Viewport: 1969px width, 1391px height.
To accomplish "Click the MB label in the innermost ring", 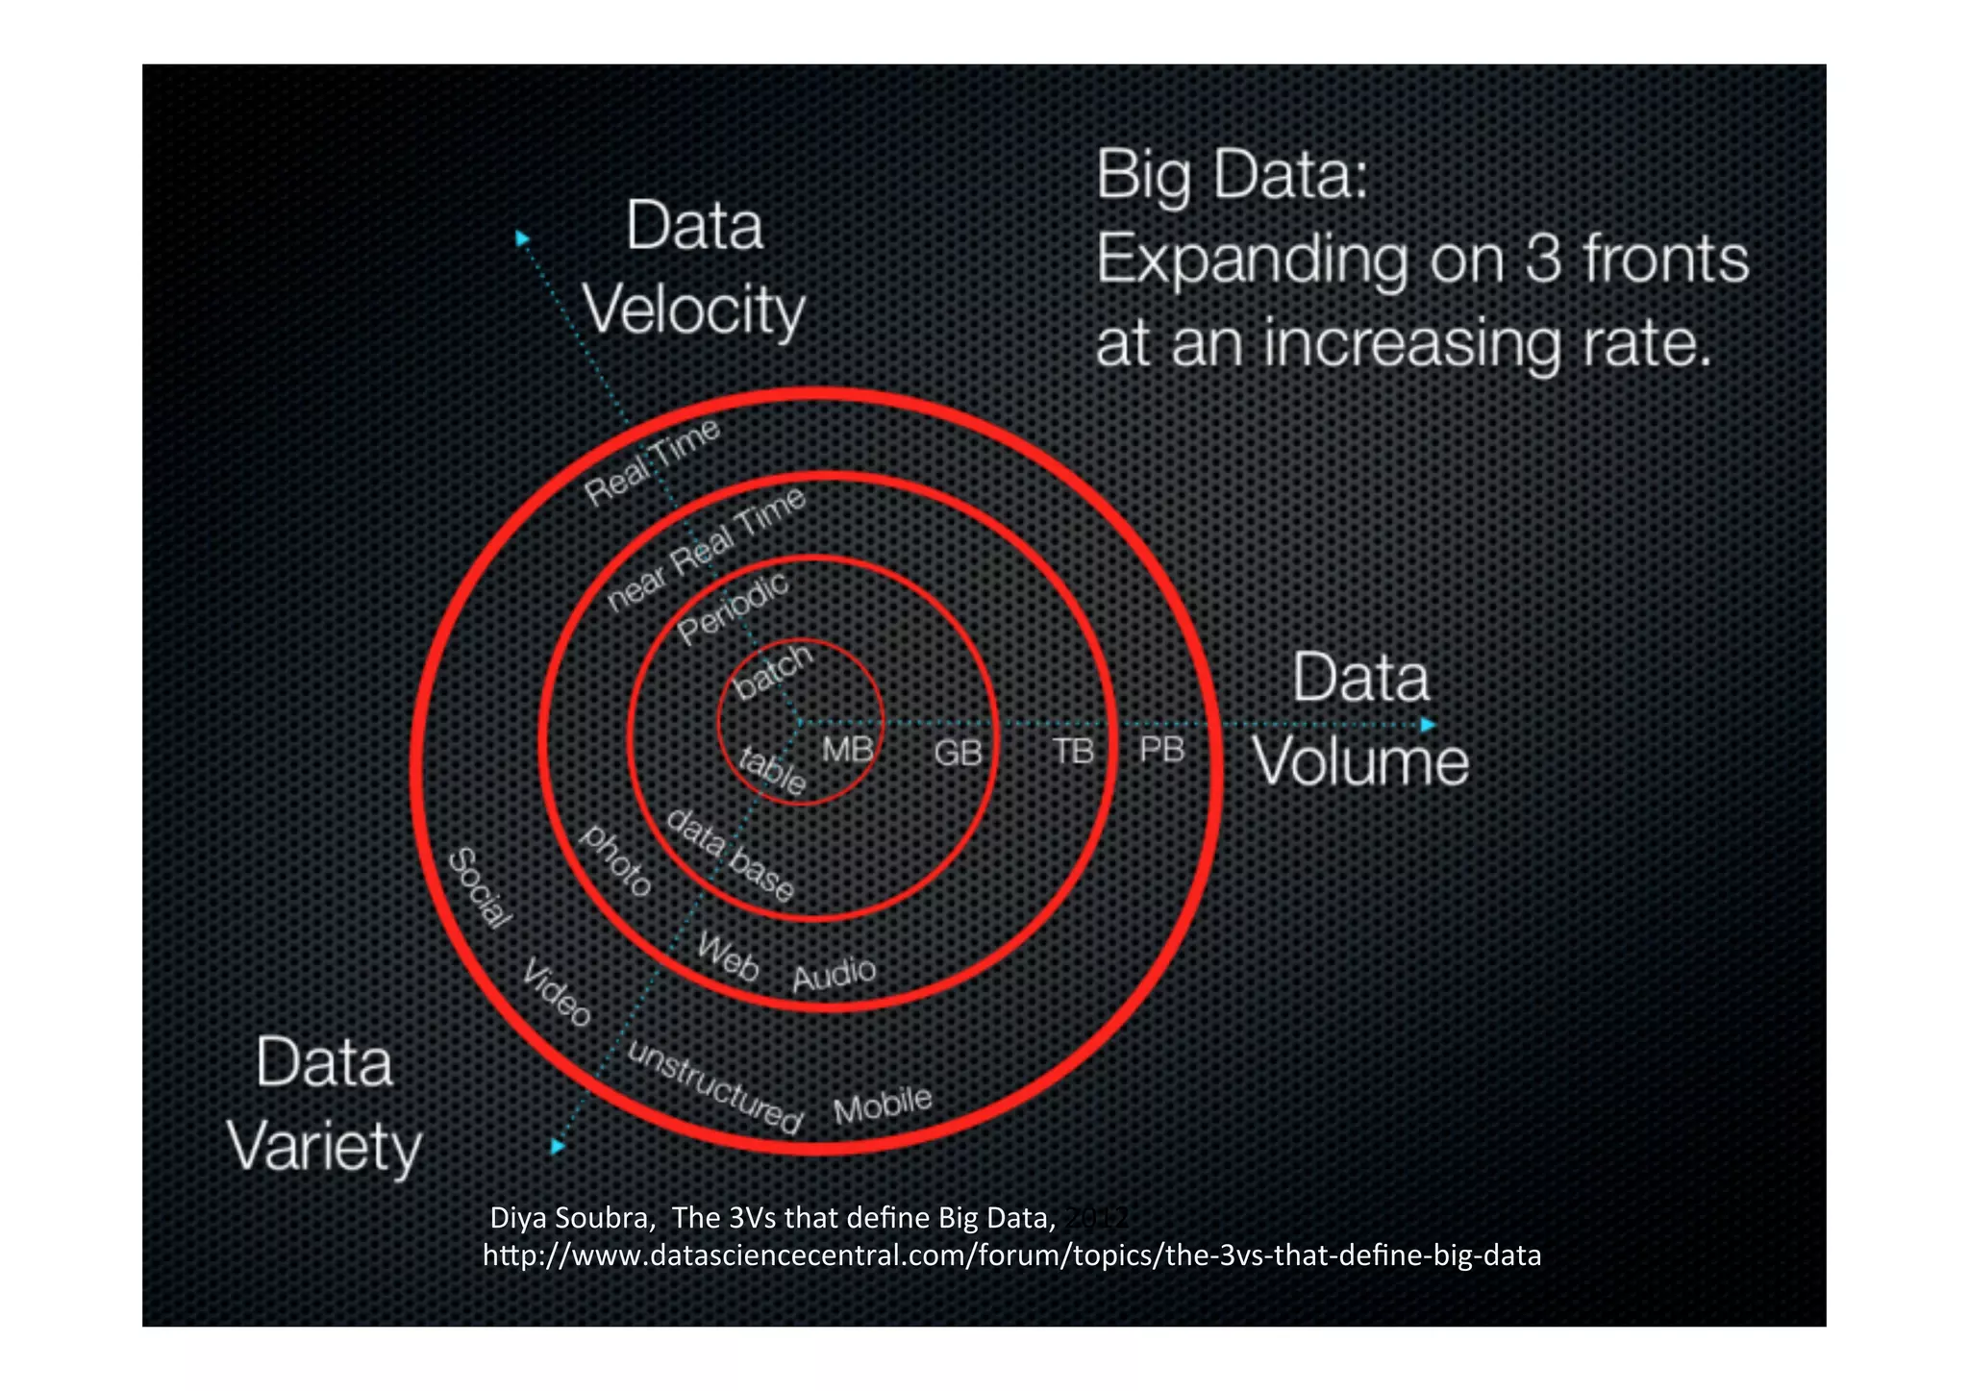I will coord(847,749).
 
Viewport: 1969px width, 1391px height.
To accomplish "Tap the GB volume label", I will coord(958,752).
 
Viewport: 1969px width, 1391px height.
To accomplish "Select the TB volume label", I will coord(1073,751).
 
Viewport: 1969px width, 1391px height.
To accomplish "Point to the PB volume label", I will coord(1161,749).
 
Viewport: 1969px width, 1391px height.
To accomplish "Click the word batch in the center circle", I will coord(773,670).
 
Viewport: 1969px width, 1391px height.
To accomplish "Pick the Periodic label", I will coord(733,609).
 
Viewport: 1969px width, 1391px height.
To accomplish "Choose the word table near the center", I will coord(771,770).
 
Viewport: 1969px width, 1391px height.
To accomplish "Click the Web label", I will coord(728,956).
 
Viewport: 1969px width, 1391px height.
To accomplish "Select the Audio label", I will coord(834,974).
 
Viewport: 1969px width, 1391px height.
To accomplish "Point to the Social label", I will coord(480,888).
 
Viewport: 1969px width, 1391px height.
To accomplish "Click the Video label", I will coord(557,992).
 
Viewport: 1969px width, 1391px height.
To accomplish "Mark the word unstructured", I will coord(714,1087).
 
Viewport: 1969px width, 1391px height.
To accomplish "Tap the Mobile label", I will coord(883,1105).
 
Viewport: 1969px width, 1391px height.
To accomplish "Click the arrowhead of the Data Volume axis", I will coord(1429,724).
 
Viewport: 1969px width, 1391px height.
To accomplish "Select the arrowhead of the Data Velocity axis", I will coord(522,237).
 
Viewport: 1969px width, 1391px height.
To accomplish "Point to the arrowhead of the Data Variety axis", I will coord(558,1146).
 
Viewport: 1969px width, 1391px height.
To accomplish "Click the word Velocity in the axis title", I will coord(693,310).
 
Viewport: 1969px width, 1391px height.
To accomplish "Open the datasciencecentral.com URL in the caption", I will coord(1011,1255).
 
